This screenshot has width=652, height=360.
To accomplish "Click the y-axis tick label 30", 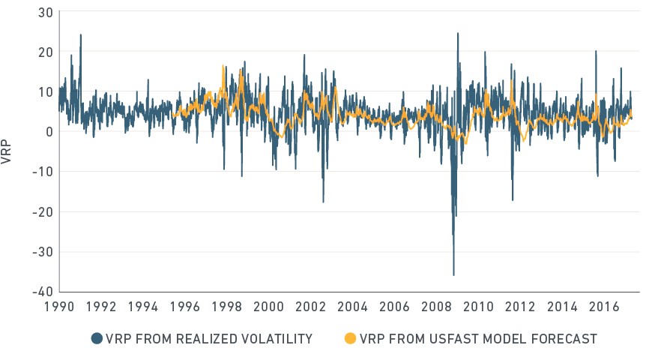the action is coord(45,13).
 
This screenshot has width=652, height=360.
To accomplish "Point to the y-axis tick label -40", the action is coord(43,291).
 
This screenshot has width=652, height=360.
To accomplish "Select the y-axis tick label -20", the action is coord(43,211).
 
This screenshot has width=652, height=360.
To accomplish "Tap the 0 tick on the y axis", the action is coord(49,132).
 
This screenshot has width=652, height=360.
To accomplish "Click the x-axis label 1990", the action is coord(59,307).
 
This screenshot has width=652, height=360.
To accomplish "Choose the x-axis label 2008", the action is coord(436,307).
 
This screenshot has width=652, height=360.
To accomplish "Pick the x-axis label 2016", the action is coord(604,307).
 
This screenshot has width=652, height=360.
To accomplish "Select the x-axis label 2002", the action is coord(310,307).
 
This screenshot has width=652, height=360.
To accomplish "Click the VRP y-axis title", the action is coord(6,152).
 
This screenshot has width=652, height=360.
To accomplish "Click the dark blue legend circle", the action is coord(97,339).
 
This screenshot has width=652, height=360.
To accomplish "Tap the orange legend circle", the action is coord(351,339).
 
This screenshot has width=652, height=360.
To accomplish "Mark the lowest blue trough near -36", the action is coord(453,274).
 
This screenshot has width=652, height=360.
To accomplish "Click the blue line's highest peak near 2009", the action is coord(458,33).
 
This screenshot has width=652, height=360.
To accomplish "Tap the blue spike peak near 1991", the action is coord(81,35).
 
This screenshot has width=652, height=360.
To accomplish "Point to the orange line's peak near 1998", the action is coord(223,66).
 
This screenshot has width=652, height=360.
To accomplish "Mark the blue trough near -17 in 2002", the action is coord(323,202).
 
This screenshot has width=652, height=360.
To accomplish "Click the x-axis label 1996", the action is coord(185,307).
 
